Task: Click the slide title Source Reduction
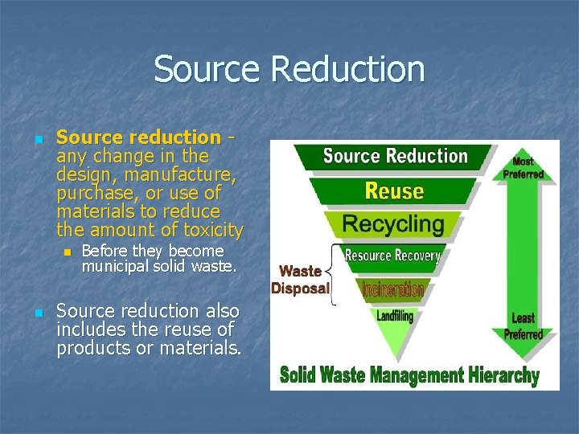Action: tap(289, 68)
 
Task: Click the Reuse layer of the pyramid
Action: tap(394, 190)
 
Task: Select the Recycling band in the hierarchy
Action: tap(394, 223)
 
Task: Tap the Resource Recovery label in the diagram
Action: tap(392, 256)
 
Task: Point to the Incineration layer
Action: tap(393, 289)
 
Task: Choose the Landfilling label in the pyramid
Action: tap(394, 316)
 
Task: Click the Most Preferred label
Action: tap(524, 167)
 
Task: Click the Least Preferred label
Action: tap(524, 326)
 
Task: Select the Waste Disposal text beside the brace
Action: tap(301, 280)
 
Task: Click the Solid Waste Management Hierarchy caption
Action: tap(409, 375)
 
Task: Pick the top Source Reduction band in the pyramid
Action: tap(395, 156)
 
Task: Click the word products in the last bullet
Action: tap(89, 348)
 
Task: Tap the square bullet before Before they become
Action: tap(68, 252)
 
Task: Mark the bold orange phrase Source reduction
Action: tap(138, 137)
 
